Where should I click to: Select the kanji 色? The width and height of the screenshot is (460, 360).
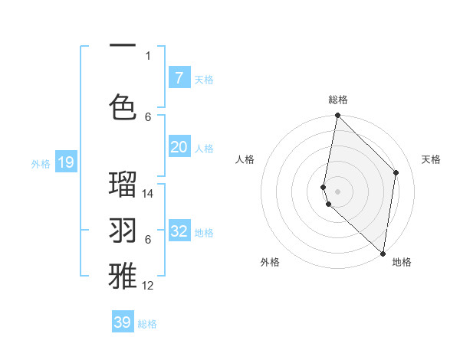point(123,106)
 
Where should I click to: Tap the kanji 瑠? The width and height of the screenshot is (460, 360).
point(123,185)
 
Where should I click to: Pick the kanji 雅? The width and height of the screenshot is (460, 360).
point(123,274)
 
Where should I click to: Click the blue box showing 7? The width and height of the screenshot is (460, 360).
point(179,77)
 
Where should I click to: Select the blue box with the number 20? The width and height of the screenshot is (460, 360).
point(179,148)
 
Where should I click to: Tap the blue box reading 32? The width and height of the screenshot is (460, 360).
point(179,232)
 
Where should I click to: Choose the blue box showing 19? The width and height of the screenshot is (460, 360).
point(65,162)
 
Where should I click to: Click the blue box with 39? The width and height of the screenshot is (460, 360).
point(123,322)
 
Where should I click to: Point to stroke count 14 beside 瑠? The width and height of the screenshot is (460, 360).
point(149,194)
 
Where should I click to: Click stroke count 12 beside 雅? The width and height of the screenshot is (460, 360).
point(148,286)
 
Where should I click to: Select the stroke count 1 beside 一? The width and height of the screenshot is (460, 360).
point(148,55)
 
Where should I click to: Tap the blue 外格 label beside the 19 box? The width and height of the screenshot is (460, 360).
point(41,163)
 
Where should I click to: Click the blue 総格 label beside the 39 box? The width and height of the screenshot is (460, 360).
point(147,324)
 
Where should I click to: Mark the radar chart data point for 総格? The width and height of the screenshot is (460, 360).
point(337,116)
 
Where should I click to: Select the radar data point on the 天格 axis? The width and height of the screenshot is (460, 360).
point(396,172)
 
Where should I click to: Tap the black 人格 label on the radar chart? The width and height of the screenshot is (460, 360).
point(245,159)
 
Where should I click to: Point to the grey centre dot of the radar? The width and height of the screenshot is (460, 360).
point(337,191)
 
